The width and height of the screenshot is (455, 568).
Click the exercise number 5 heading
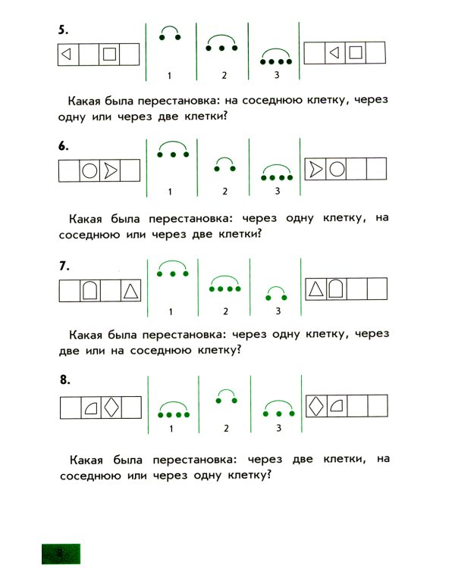tap(64, 31)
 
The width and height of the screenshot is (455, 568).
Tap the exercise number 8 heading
tap(64, 381)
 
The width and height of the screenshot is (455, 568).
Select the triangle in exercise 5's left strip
tap(67, 55)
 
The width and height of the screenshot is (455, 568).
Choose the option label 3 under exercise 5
tap(277, 75)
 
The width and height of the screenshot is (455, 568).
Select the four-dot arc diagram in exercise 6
tap(278, 173)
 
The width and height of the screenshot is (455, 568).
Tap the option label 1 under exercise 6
tap(170, 191)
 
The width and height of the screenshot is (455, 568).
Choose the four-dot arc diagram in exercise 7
tap(224, 284)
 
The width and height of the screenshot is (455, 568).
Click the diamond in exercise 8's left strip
tap(111, 407)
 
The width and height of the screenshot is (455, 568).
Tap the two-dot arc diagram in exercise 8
tap(225, 395)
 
